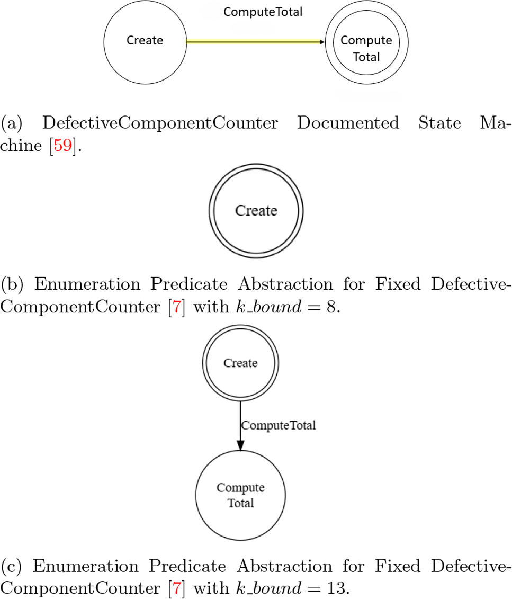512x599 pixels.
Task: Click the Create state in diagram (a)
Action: coord(145,41)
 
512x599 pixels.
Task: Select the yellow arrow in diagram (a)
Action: coord(254,41)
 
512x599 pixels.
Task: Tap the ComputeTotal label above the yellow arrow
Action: coord(263,12)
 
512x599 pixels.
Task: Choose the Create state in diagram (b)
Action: coord(256,211)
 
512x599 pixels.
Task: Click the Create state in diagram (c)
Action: coord(241,363)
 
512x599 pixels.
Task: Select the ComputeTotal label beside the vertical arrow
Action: coord(278,425)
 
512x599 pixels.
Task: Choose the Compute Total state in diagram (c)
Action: coord(240,495)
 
